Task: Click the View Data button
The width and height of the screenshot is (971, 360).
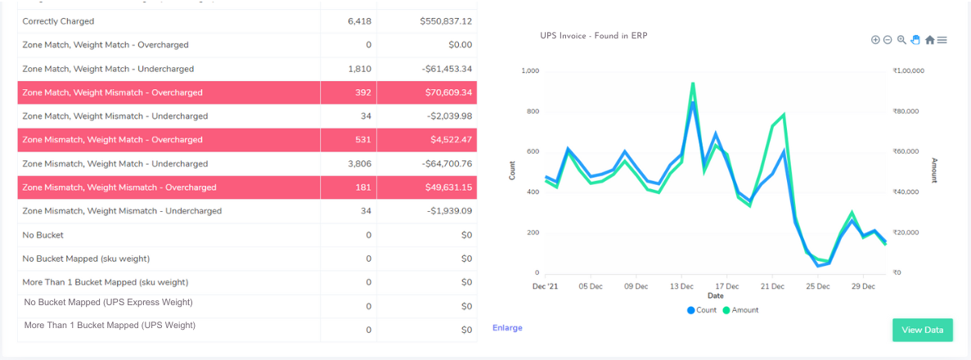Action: click(922, 330)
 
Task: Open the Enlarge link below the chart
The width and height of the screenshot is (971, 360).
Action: click(507, 328)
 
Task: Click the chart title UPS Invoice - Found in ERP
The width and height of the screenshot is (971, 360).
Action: click(593, 36)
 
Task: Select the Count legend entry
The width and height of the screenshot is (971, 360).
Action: click(702, 310)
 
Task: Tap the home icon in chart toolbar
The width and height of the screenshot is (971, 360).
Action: click(929, 39)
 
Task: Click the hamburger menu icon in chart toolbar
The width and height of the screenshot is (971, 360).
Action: click(942, 39)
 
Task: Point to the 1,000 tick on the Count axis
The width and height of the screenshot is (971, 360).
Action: click(530, 71)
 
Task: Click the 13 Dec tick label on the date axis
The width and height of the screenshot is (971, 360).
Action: click(681, 286)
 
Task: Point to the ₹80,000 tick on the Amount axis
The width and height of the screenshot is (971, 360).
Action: click(908, 111)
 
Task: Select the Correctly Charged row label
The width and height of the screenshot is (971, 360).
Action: click(58, 21)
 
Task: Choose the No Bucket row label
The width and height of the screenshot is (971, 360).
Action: click(44, 235)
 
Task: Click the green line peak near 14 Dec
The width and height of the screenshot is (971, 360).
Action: click(693, 83)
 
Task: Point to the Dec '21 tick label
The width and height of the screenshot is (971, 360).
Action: click(545, 286)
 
